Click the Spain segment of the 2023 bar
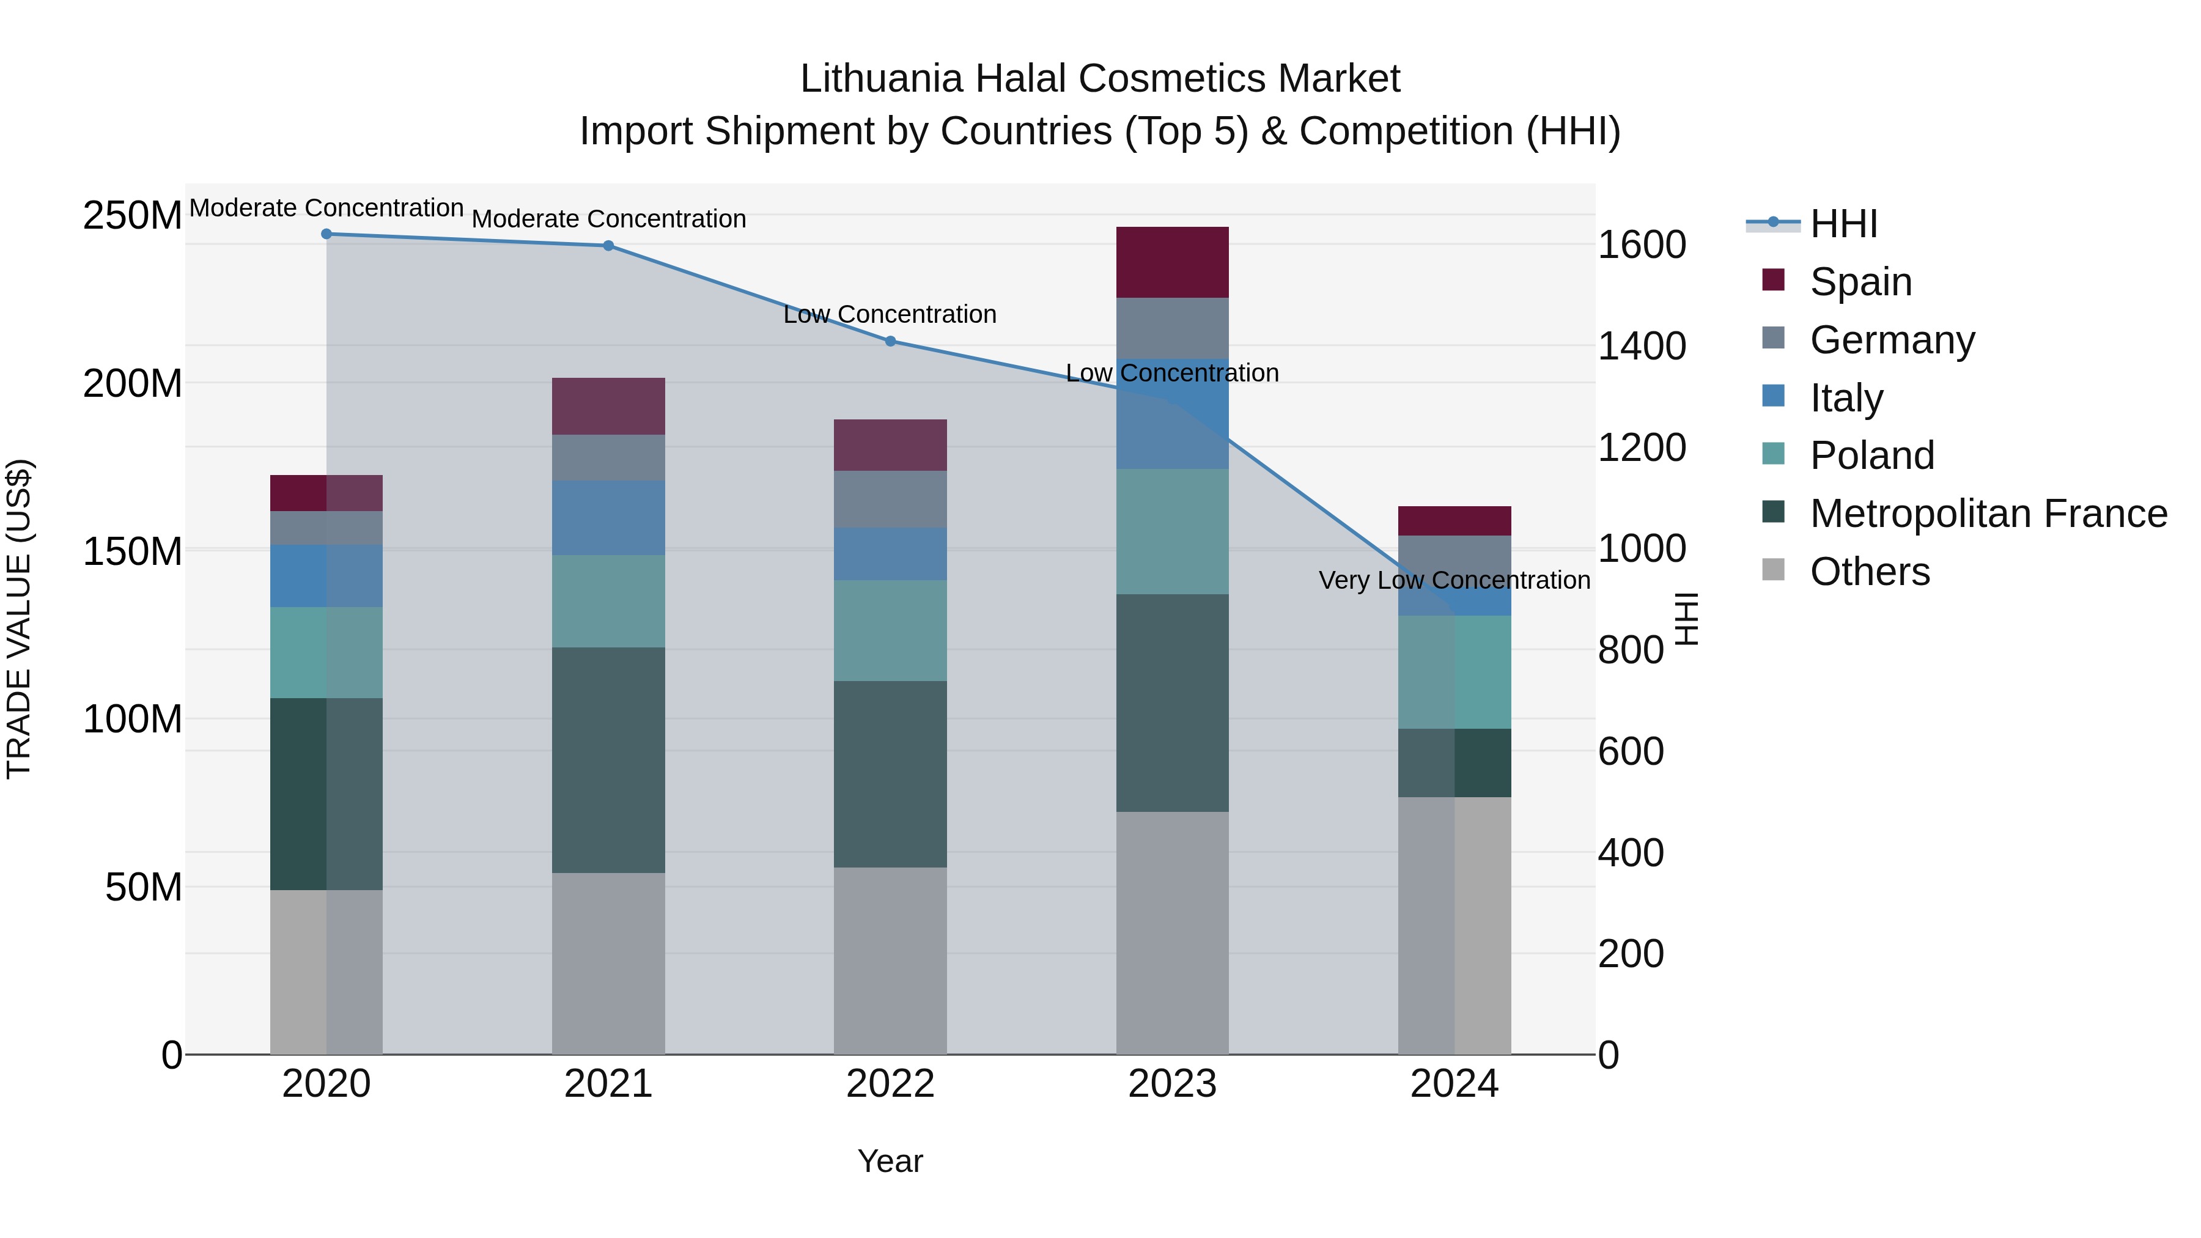pyautogui.click(x=1171, y=262)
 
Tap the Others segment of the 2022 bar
pyautogui.click(x=890, y=960)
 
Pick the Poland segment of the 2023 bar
pyautogui.click(x=1171, y=531)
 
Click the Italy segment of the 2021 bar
pyautogui.click(x=608, y=518)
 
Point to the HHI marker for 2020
pyautogui.click(x=326, y=234)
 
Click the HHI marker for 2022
pyautogui.click(x=890, y=341)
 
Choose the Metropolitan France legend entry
pyautogui.click(x=1988, y=514)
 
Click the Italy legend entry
pyautogui.click(x=1846, y=397)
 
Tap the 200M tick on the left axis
pyautogui.click(x=133, y=383)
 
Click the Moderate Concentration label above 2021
pyautogui.click(x=608, y=219)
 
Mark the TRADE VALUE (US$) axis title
pyautogui.click(x=19, y=619)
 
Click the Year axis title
pyautogui.click(x=890, y=1161)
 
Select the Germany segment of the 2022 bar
pyautogui.click(x=890, y=499)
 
